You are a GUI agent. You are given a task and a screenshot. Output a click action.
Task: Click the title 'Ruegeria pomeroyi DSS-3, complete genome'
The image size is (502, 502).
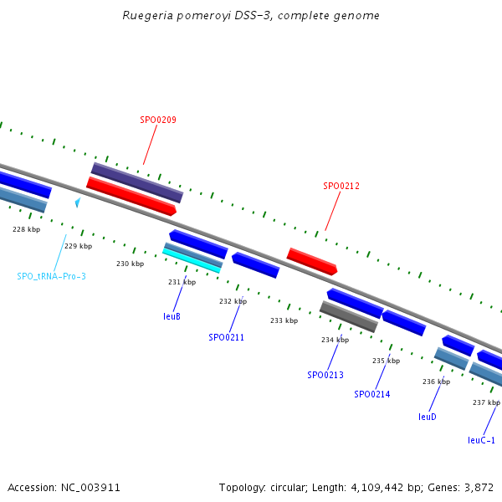pyautogui.click(x=251, y=15)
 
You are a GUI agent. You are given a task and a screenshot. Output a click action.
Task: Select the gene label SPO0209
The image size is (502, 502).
pyautogui.click(x=157, y=120)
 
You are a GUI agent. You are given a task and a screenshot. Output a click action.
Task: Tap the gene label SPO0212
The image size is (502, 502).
pyautogui.click(x=341, y=186)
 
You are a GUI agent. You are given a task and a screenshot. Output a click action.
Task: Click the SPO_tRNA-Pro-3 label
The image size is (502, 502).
pyautogui.click(x=52, y=276)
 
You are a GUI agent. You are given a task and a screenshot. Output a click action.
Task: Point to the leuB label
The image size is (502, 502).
pyautogui.click(x=172, y=316)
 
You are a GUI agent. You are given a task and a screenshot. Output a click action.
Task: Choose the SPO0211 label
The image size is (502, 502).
pyautogui.click(x=226, y=337)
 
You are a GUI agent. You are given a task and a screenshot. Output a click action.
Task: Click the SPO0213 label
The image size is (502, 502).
pyautogui.click(x=325, y=375)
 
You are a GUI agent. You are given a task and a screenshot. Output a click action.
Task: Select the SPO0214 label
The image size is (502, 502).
pyautogui.click(x=372, y=394)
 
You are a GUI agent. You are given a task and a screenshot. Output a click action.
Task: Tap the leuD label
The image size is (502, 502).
pyautogui.click(x=428, y=416)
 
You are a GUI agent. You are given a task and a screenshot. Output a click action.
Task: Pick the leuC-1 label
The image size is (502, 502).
pyautogui.click(x=481, y=440)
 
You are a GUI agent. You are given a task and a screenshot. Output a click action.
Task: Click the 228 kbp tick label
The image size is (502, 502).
pyautogui.click(x=26, y=229)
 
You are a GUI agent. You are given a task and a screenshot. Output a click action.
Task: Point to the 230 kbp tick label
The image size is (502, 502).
pyautogui.click(x=130, y=264)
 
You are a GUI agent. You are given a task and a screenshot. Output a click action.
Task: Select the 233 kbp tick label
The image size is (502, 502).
pyautogui.click(x=284, y=320)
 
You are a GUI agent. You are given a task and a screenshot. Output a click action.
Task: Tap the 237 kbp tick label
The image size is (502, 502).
pyautogui.click(x=486, y=402)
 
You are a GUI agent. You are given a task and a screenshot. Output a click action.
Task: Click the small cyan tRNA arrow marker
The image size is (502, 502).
pyautogui.click(x=77, y=202)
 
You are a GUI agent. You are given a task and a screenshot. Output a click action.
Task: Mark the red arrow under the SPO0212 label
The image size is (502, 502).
pyautogui.click(x=312, y=261)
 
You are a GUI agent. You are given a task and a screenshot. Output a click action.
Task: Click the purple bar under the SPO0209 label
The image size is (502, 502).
pyautogui.click(x=137, y=182)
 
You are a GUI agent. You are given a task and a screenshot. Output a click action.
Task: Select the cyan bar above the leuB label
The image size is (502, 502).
pyautogui.click(x=192, y=259)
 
